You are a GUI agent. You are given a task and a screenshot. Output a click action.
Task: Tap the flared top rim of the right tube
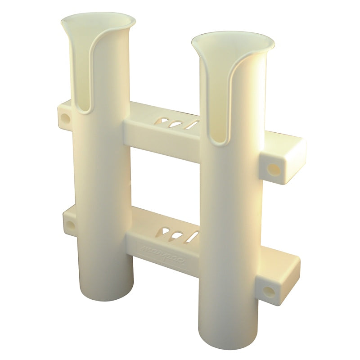click(233, 40)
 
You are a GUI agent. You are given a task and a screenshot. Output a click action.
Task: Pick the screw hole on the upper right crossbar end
click(273, 170)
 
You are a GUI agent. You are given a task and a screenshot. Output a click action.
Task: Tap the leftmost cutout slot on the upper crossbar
click(166, 122)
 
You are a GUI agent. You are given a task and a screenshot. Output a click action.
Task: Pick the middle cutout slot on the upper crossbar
click(180, 124)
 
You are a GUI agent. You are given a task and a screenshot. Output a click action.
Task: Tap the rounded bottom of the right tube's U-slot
click(218, 140)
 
